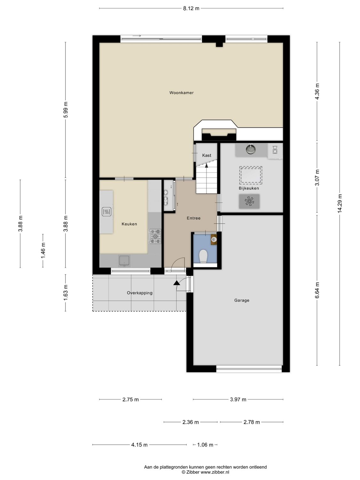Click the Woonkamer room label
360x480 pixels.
pos(181,93)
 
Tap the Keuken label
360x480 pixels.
pos(129,224)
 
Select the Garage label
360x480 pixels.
pos(242,300)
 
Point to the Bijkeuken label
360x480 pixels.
pos(249,188)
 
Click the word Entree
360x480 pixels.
pos(194,218)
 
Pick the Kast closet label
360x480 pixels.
pos(207,156)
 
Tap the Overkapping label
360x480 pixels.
pos(140,293)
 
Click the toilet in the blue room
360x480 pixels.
pos(203,256)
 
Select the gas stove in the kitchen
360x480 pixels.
pos(155,236)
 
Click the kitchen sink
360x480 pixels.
pos(124,260)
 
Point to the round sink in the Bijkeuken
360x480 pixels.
pos(251,149)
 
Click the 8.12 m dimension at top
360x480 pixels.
pos(191,8)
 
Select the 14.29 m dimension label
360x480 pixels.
pos(340,204)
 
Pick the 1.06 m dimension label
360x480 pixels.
pos(205,445)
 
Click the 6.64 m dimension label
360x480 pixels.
pos(317,290)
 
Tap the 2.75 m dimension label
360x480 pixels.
pos(131,399)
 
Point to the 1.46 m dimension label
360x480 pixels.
pos(43,251)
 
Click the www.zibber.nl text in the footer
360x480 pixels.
pos(215,472)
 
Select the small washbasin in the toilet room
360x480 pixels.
pos(214,239)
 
